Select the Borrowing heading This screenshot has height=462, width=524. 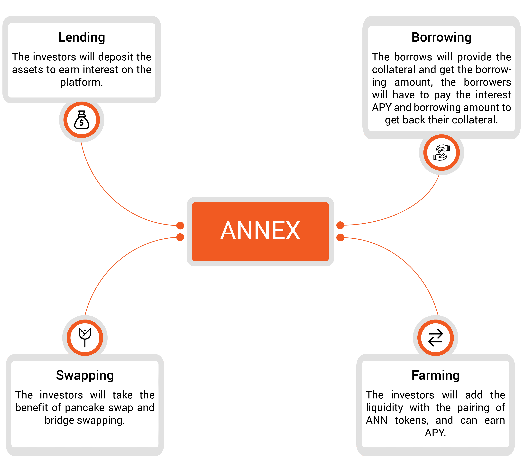point(441,38)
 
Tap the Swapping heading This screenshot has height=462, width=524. point(85,376)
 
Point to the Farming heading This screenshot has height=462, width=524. point(436,376)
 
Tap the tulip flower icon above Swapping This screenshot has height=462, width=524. point(85,338)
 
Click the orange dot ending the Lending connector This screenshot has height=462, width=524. point(180,226)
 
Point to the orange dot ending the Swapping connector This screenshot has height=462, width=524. point(180,237)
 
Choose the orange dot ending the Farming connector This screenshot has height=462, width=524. point(340,237)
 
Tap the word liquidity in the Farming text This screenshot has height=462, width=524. point(384,408)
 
